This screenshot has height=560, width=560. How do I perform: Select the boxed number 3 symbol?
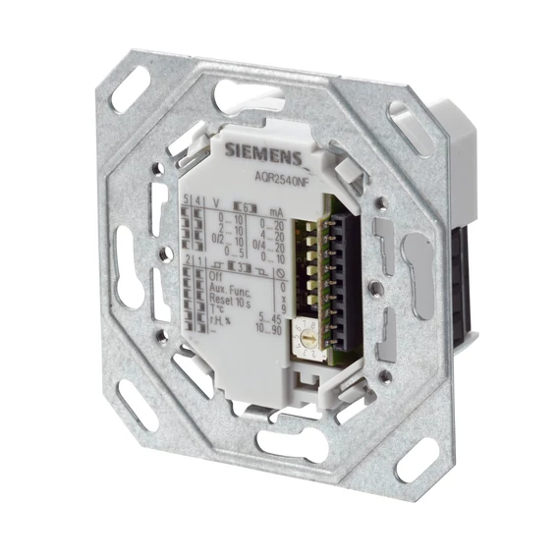pos(236,264)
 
